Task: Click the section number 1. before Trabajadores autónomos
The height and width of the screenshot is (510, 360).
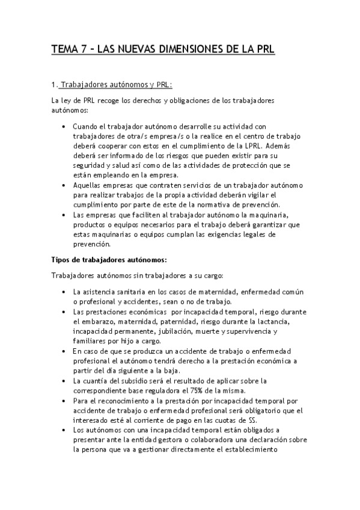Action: [x=55, y=85]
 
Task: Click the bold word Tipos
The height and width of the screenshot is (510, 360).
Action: [x=62, y=259]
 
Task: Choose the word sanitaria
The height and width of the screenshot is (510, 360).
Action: [x=123, y=292]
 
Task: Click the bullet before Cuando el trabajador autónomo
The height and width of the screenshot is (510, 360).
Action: [x=64, y=127]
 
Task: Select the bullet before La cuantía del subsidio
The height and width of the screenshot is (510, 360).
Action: [x=64, y=381]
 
